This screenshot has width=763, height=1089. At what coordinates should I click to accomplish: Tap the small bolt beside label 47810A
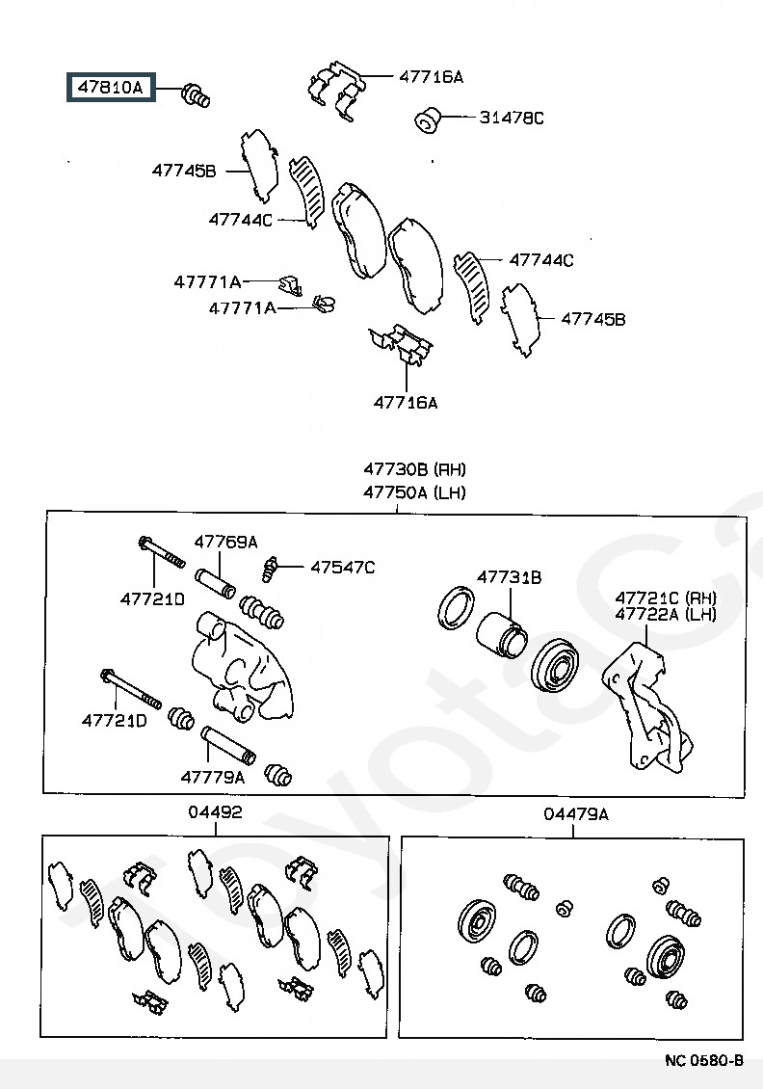coord(197,95)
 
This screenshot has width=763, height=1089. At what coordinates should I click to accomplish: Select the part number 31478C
coord(512,119)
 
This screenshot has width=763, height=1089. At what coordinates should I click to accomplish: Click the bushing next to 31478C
coord(427,120)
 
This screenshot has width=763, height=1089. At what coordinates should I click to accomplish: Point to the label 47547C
coord(342,568)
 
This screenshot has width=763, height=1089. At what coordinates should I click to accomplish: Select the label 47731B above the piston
coord(509,577)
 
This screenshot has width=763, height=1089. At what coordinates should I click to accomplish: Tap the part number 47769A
coord(225,542)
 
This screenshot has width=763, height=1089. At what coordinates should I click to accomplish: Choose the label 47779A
coord(212,776)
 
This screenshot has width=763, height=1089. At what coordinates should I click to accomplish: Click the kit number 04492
coord(215,813)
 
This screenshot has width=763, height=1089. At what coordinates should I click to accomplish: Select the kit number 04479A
coord(576,814)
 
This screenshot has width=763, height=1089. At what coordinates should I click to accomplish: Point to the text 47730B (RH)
coord(414,470)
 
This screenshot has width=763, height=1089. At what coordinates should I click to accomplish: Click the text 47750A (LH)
coord(414,492)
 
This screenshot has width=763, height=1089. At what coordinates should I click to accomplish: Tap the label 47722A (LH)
coord(666,614)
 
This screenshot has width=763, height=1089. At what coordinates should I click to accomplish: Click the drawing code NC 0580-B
coord(704,1060)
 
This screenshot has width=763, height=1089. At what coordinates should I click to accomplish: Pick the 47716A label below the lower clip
coord(406,403)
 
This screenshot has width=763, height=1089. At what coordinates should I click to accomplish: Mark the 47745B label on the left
coord(183,171)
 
